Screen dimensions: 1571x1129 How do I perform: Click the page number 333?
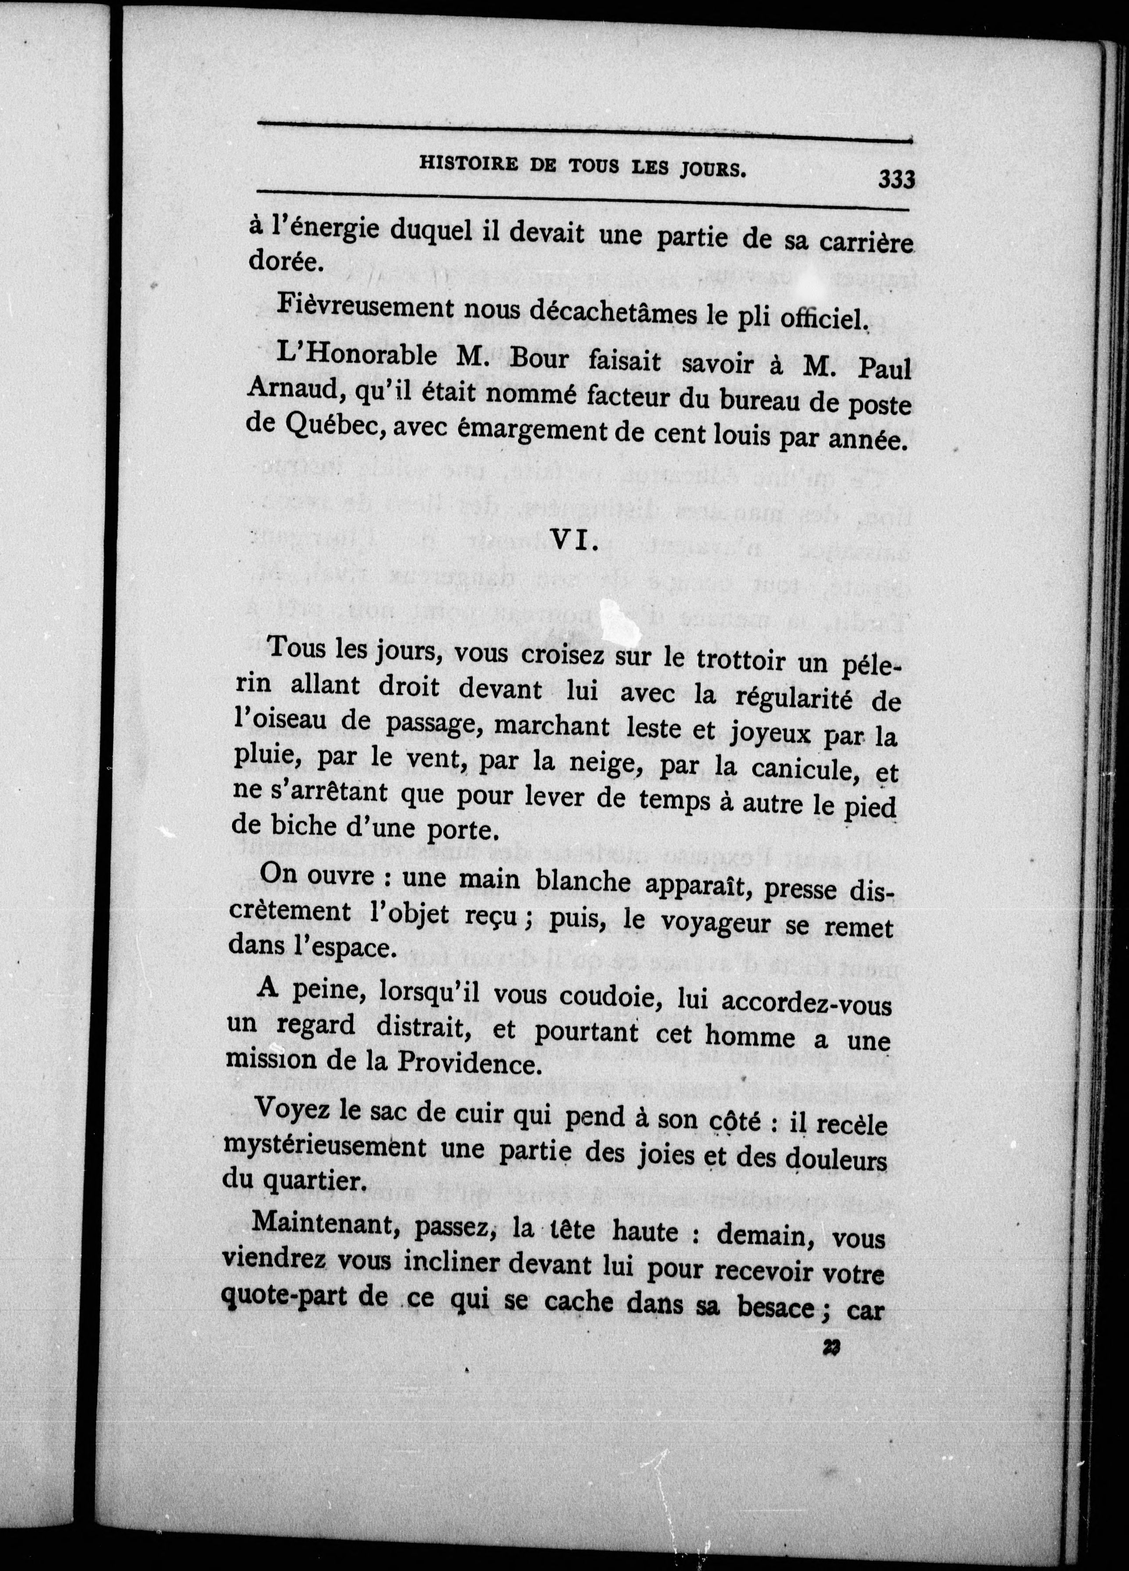coord(896,180)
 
